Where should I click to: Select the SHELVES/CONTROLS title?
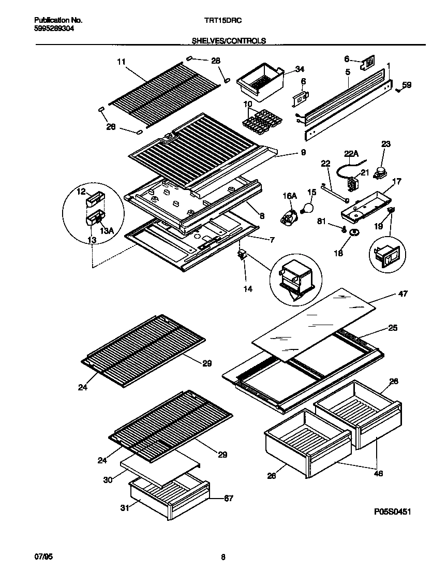click(229, 40)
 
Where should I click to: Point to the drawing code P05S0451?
click(392, 511)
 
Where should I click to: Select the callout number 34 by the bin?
click(300, 69)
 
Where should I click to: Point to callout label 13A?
click(107, 231)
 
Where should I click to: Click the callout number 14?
click(248, 289)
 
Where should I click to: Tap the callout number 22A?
click(351, 154)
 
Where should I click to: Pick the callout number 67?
click(228, 499)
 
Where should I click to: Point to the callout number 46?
click(378, 473)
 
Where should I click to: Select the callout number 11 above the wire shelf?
click(121, 62)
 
